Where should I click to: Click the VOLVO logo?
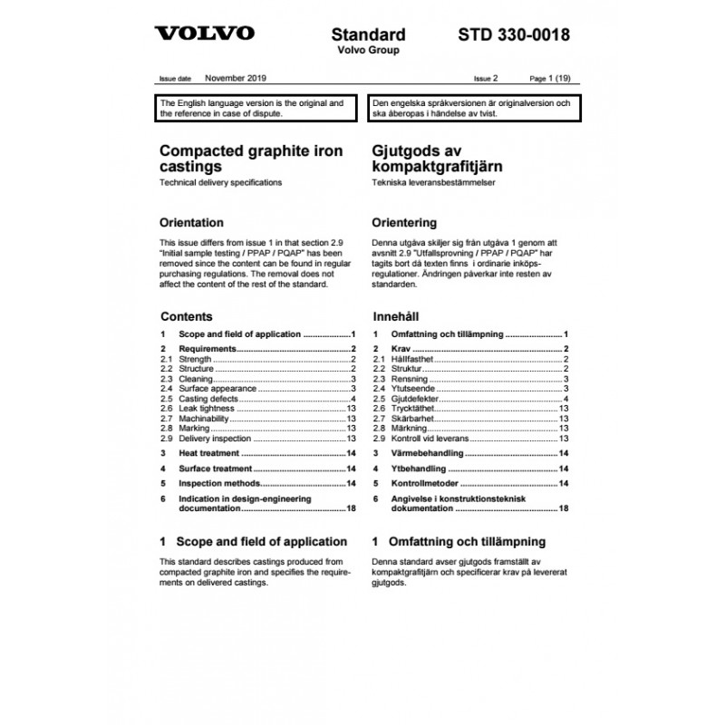pyautogui.click(x=206, y=35)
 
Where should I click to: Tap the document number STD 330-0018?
pyautogui.click(x=514, y=35)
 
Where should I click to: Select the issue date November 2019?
pyautogui.click(x=236, y=79)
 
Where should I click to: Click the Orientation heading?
pyautogui.click(x=191, y=223)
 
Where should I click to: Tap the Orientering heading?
pyautogui.click(x=404, y=223)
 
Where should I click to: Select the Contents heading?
pyautogui.click(x=186, y=317)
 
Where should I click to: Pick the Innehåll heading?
pyautogui.click(x=400, y=317)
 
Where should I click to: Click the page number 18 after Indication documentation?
pyautogui.click(x=351, y=509)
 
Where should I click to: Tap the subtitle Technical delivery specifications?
pyautogui.click(x=220, y=183)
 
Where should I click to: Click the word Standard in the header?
pyautogui.click(x=368, y=35)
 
